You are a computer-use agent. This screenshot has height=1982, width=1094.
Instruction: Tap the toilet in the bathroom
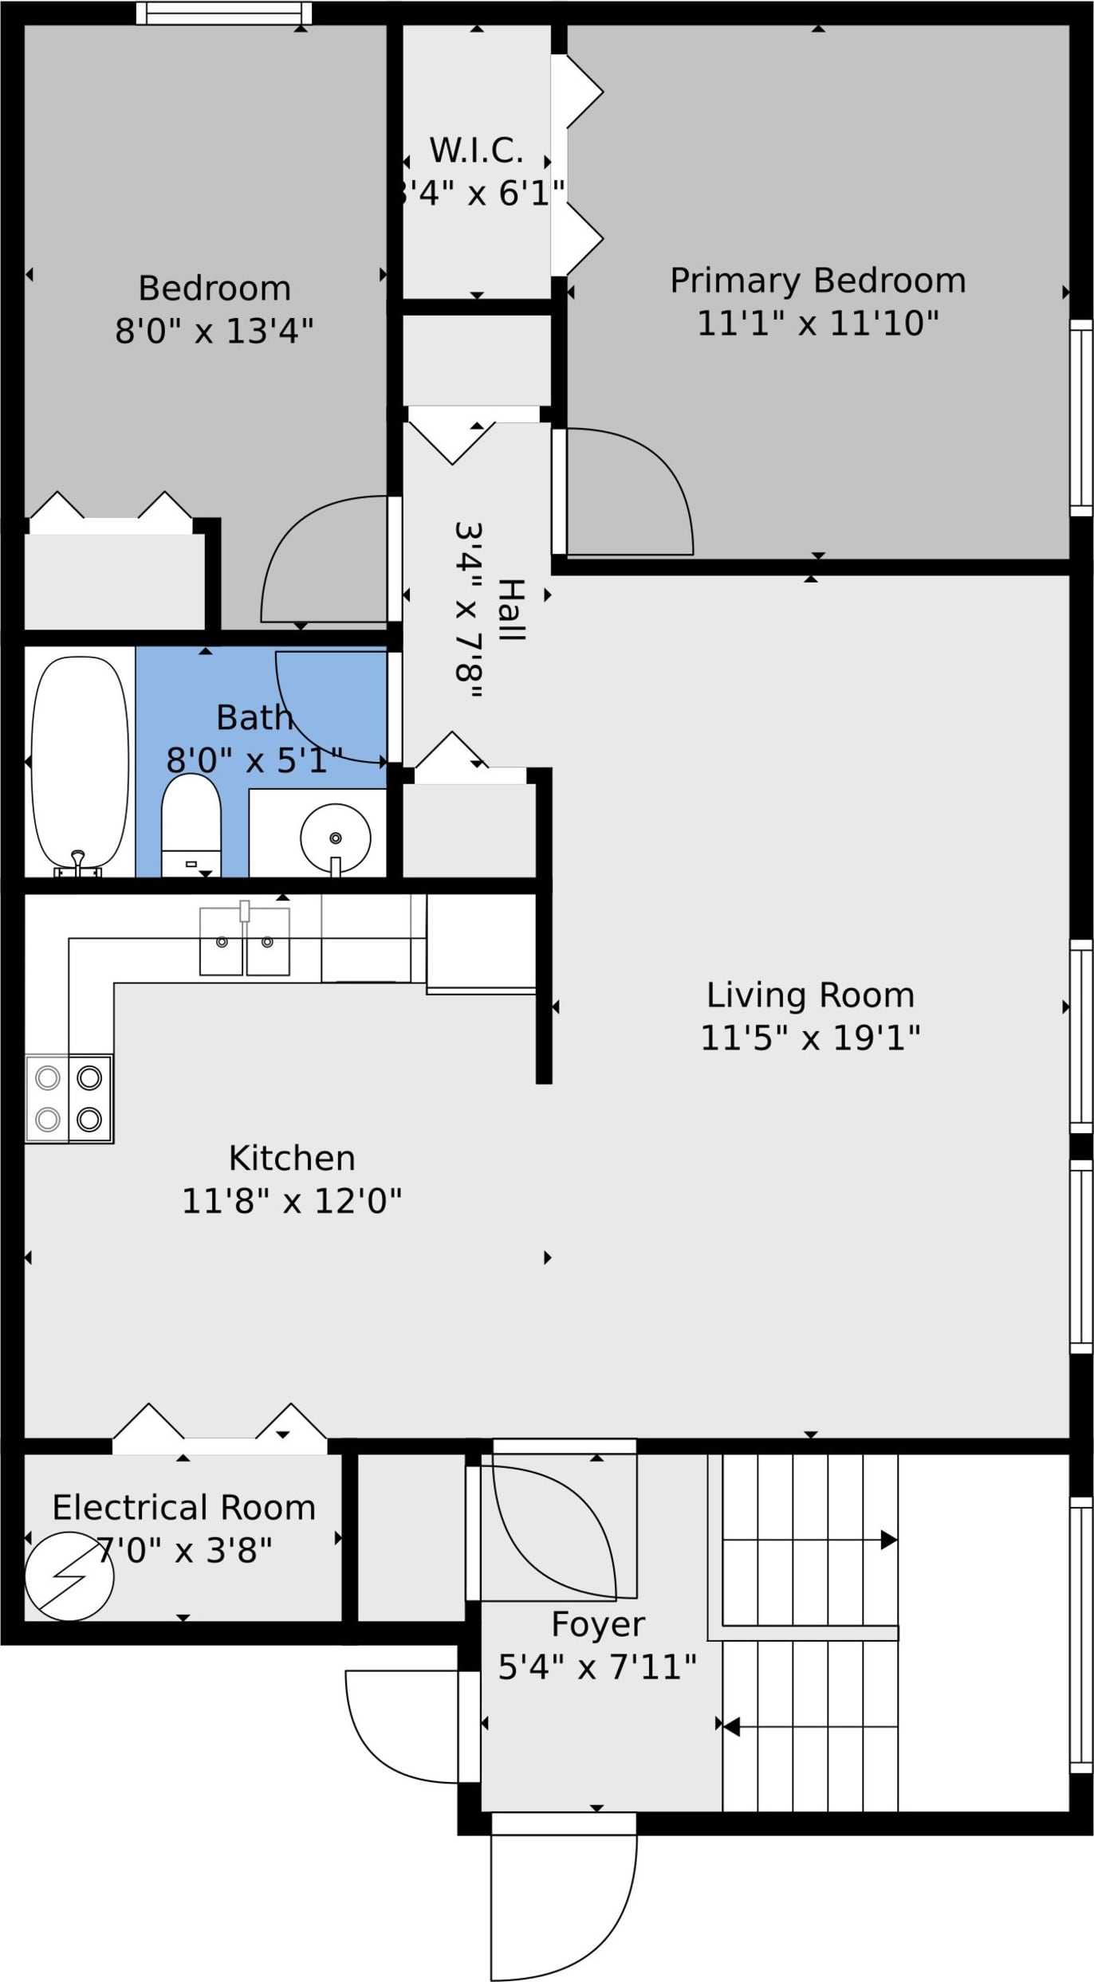pyautogui.click(x=191, y=825)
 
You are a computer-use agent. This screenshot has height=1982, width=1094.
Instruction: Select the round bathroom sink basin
pyautogui.click(x=336, y=838)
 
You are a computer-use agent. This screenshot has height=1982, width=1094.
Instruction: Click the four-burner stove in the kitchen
pyautogui.click(x=69, y=1099)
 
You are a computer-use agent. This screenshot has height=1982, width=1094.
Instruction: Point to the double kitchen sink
pyautogui.click(x=245, y=941)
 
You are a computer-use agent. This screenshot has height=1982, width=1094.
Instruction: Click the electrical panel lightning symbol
pyautogui.click(x=69, y=1576)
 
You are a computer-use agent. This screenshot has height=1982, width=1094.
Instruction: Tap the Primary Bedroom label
pyautogui.click(x=818, y=281)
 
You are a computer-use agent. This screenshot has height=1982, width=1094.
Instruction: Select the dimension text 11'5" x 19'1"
pyautogui.click(x=810, y=1038)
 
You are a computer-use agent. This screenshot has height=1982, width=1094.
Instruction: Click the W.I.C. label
pyautogui.click(x=477, y=151)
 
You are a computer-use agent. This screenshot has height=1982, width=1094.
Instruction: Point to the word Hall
pyautogui.click(x=511, y=610)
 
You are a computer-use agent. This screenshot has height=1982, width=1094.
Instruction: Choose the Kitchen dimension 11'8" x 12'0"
pyautogui.click(x=292, y=1200)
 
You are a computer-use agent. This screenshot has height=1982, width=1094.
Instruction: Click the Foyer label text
pyautogui.click(x=598, y=1624)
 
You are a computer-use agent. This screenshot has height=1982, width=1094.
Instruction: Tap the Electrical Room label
pyautogui.click(x=184, y=1508)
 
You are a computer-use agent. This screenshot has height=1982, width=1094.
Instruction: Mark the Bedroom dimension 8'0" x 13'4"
pyautogui.click(x=214, y=331)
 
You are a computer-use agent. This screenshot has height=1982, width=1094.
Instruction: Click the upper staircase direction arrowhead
pyautogui.click(x=889, y=1540)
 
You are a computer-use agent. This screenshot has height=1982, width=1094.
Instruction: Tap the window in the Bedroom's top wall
pyautogui.click(x=224, y=14)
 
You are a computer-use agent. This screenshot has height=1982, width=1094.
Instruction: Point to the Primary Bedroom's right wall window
pyautogui.click(x=1081, y=418)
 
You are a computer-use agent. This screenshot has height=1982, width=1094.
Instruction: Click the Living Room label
pyautogui.click(x=810, y=995)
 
